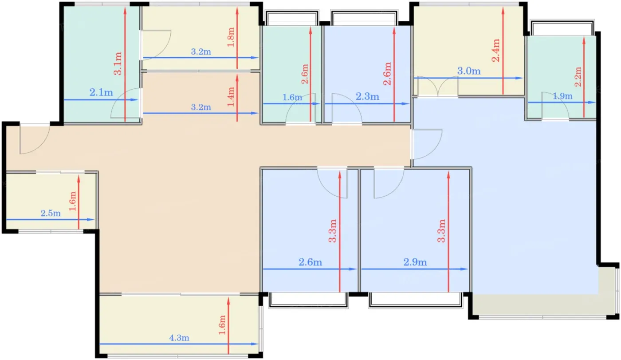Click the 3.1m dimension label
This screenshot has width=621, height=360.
[118, 63]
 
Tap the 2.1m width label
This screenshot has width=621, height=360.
[101, 92]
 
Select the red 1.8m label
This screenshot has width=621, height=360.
[231, 37]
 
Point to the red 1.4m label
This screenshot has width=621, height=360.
[231, 97]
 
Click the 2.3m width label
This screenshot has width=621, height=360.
[367, 96]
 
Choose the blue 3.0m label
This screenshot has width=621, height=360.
[469, 71]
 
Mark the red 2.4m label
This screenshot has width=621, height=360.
[496, 51]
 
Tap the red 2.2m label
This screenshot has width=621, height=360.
[578, 77]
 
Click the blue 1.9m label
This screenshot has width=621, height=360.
[562, 96]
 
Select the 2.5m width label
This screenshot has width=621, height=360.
[51, 213]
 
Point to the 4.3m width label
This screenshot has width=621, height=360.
[179, 338]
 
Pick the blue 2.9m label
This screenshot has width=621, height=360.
[415, 262]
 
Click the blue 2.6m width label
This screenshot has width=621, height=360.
[310, 262]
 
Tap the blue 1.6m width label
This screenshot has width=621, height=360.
[292, 97]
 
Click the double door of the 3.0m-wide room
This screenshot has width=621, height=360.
[438, 87]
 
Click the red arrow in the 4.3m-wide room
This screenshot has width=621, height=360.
[228, 326]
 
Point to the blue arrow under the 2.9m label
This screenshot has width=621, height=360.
[414, 269]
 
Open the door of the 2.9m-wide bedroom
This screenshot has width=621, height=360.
[389, 183]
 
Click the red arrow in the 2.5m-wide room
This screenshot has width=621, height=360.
[79, 202]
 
